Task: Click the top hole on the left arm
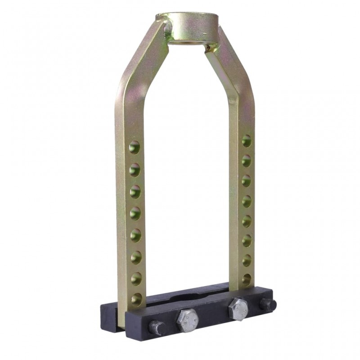click(134, 147)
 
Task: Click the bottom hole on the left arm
click(136, 298)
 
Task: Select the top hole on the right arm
click(247, 141)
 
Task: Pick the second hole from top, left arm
click(135, 169)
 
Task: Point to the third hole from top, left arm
click(135, 191)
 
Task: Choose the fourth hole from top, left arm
click(135, 213)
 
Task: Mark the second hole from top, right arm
click(246, 161)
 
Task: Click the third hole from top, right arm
click(246, 180)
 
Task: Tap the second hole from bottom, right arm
click(247, 260)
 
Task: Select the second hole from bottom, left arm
click(136, 278)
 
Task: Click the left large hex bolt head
click(187, 320)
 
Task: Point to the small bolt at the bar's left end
click(157, 328)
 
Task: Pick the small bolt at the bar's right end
click(268, 305)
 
